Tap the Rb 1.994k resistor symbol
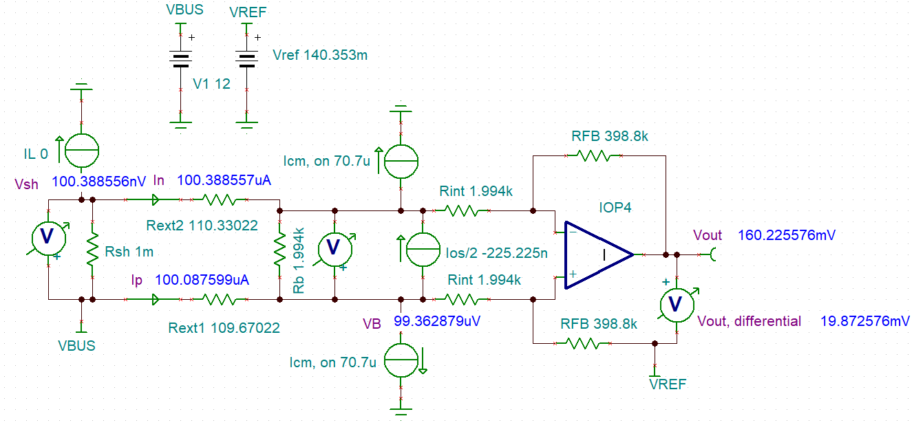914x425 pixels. tap(279, 250)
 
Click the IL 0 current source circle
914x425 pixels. tap(81, 151)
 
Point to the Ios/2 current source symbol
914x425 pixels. tap(422, 250)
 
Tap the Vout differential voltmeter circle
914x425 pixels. tap(676, 305)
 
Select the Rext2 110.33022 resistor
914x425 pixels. tap(218, 201)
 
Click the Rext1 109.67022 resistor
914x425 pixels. tap(218, 300)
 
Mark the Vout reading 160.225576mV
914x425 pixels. tap(786, 235)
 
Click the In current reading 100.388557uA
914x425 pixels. tap(224, 181)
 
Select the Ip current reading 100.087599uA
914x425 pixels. tap(202, 281)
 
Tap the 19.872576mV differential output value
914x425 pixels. tap(865, 321)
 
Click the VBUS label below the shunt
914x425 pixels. tap(76, 345)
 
